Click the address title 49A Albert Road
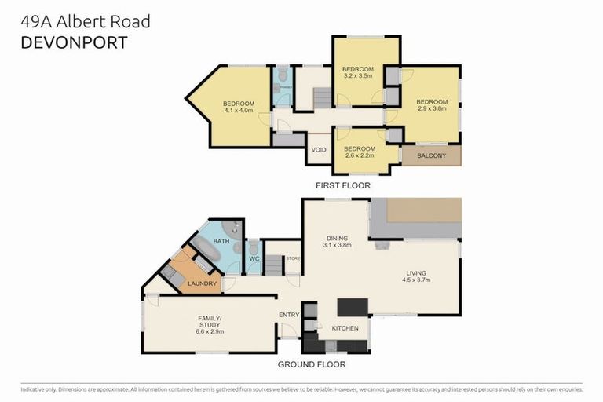[x=85, y=21]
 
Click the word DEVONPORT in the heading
[x=73, y=42]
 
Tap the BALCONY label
[x=431, y=155]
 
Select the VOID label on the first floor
[x=319, y=149]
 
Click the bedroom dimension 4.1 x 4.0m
[x=239, y=111]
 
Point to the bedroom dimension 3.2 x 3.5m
[x=357, y=77]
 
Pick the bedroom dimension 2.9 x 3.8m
[x=432, y=109]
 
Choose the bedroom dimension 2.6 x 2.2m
[x=360, y=155]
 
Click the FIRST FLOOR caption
[x=342, y=186]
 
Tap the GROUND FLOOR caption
[x=312, y=364]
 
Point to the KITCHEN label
[x=345, y=327]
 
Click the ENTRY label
[x=288, y=315]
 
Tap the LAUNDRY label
[x=202, y=283]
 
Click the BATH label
[x=221, y=242]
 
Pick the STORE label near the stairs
[x=293, y=258]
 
